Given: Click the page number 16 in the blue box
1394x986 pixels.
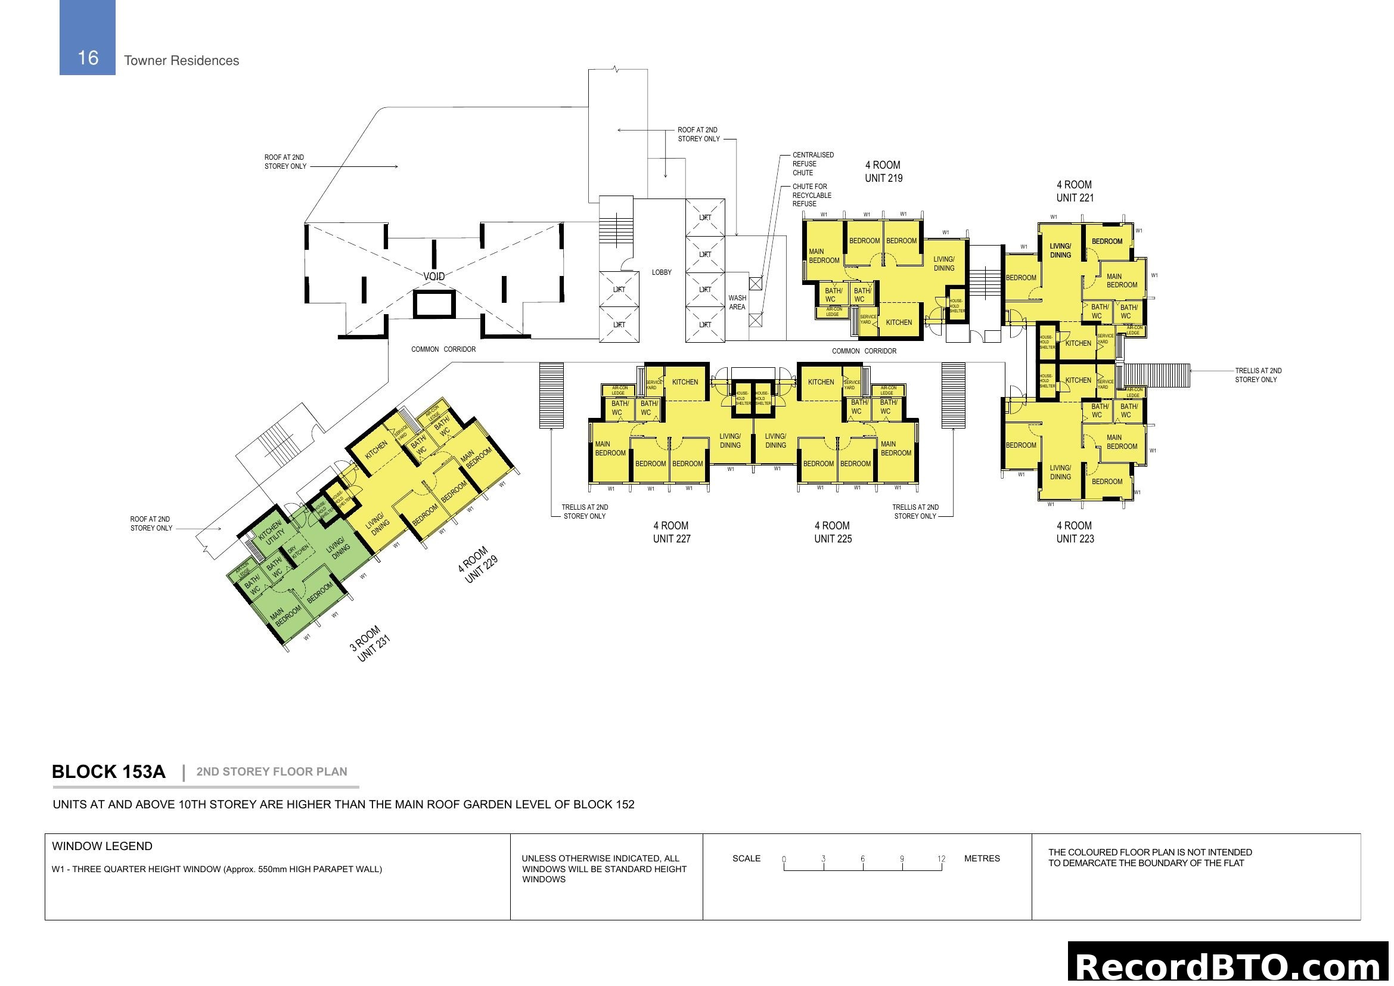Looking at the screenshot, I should [88, 58].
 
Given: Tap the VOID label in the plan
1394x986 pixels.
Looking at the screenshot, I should [433, 276].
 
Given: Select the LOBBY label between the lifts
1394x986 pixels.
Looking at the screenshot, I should [661, 272].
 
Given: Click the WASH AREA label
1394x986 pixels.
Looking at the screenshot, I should [737, 302].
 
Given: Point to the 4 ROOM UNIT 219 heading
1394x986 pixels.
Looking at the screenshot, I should [883, 172].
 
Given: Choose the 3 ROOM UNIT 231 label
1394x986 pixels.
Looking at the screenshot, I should [369, 644].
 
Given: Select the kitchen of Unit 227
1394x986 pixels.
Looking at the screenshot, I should [684, 382].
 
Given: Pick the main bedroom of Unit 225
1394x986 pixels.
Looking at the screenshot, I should [895, 449].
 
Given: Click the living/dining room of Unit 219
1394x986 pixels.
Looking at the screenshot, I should [943, 263].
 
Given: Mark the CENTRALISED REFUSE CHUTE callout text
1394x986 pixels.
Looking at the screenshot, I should [812, 164].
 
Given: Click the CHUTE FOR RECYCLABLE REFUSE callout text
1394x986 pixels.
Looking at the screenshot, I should [811, 196].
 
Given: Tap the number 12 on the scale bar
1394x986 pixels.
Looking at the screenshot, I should [940, 859].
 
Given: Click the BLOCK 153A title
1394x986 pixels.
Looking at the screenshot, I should [108, 771].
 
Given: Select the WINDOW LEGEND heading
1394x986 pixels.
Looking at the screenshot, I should [102, 847].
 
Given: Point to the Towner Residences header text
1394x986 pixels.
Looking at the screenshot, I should [181, 61].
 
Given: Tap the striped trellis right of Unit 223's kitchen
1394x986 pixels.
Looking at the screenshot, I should [1157, 374].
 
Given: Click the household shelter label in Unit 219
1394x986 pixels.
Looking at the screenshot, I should [957, 306].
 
